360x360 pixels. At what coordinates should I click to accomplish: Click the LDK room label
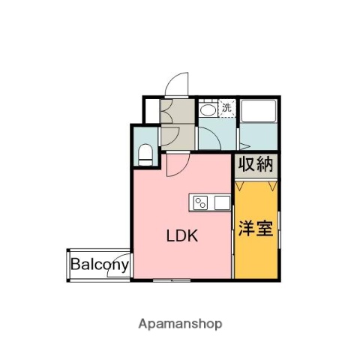coord(181,235)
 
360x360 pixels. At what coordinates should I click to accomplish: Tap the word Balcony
coord(100,265)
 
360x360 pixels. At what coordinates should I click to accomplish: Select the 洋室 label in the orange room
coord(255,228)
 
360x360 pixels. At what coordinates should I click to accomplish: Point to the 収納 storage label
coord(256,164)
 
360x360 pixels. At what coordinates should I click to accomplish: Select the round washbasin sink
coord(208,109)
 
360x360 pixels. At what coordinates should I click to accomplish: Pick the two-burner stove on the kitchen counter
coord(201,202)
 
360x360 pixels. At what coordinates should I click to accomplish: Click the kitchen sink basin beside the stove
coord(220,202)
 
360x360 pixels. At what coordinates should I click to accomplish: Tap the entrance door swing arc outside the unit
coord(176,83)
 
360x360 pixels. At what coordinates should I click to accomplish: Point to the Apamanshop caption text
coord(180,325)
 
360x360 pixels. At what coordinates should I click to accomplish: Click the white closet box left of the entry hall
coord(151,109)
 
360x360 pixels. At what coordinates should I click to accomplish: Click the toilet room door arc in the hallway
coord(169,135)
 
